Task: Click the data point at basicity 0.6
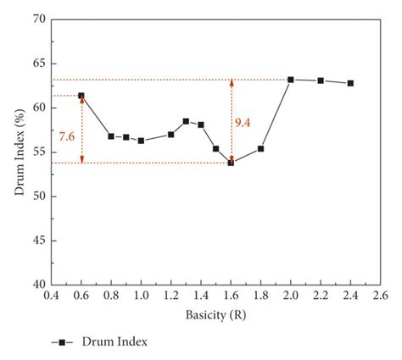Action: (81, 96)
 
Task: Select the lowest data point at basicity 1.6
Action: (231, 163)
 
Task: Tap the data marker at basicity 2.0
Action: (291, 80)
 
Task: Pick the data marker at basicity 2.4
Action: (350, 83)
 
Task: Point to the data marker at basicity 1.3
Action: (186, 121)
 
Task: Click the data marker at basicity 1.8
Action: (260, 148)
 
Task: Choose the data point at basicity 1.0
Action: (141, 141)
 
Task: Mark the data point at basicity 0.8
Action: (111, 136)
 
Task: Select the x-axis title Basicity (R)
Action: (215, 314)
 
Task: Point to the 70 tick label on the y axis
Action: (37, 19)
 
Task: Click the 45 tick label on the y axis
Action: (37, 241)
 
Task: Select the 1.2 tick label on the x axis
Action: (170, 296)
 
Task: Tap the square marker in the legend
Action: (62, 341)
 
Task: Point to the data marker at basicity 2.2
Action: (321, 80)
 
